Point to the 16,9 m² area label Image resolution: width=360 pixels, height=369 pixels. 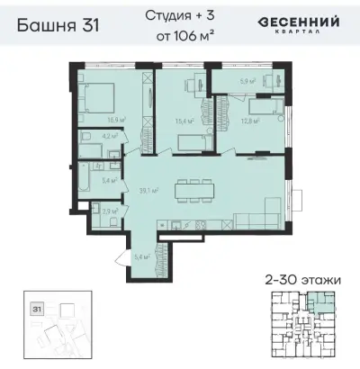tap(115, 118)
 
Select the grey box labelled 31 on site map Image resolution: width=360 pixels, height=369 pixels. tap(37, 308)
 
